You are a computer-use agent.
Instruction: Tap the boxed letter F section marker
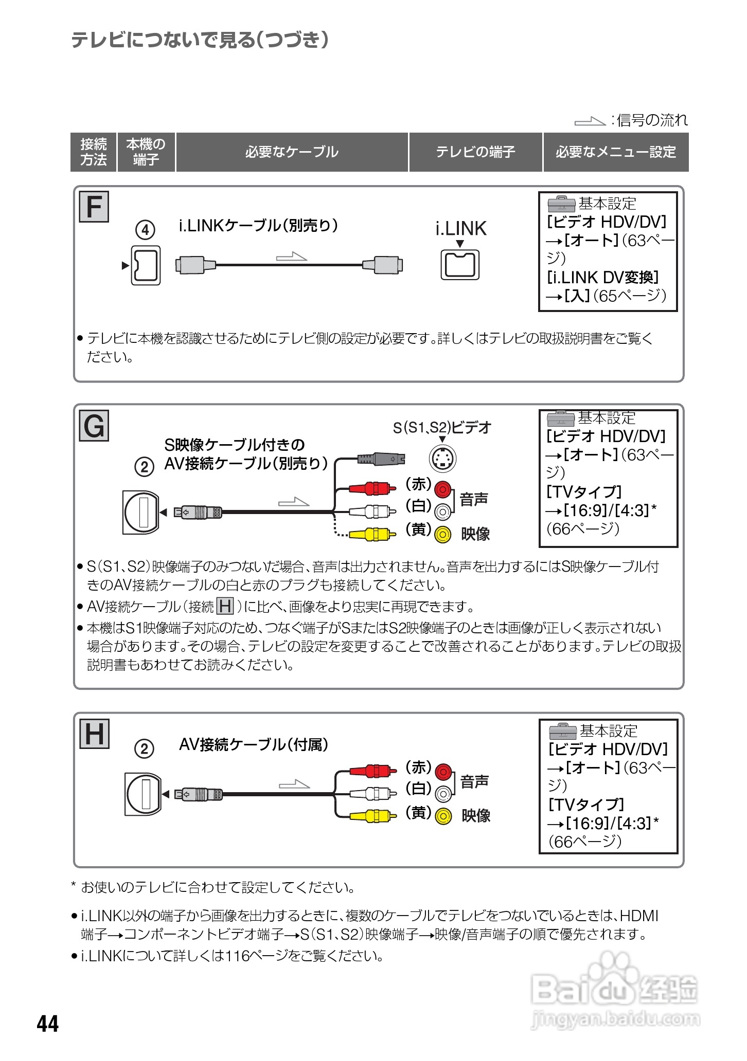pos(94,207)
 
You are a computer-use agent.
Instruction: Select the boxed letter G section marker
pos(94,426)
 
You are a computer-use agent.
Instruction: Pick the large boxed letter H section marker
pos(94,734)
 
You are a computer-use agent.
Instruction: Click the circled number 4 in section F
pos(145,230)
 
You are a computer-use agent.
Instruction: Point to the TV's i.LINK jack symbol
pos(460,265)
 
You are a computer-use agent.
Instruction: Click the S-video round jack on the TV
pos(442,458)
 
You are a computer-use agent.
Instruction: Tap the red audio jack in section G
pos(442,489)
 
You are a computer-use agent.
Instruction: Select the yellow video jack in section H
pos(443,816)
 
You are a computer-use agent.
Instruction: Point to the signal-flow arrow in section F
pos(291,256)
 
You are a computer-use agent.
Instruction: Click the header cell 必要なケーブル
pos(292,152)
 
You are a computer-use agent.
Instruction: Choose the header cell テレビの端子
pos(475,152)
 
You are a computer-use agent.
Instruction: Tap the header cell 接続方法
pos(93,152)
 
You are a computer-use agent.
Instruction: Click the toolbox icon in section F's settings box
pos(561,205)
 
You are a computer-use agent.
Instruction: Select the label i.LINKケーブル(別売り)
pos(258,226)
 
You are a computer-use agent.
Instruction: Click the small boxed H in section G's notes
pos(225,607)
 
